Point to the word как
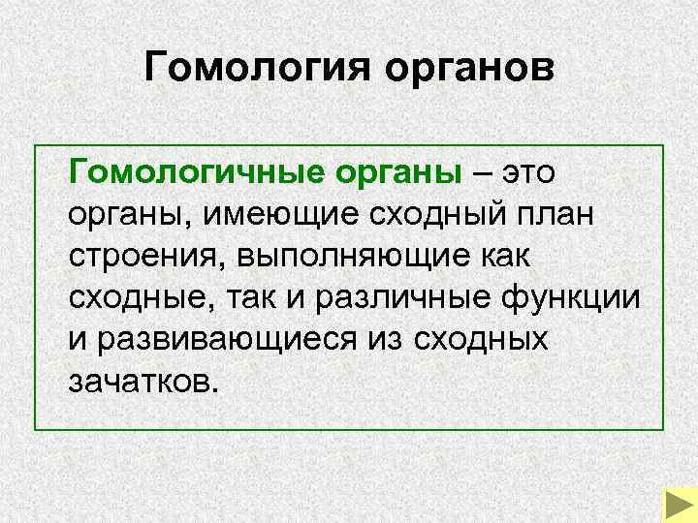point(508,257)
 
